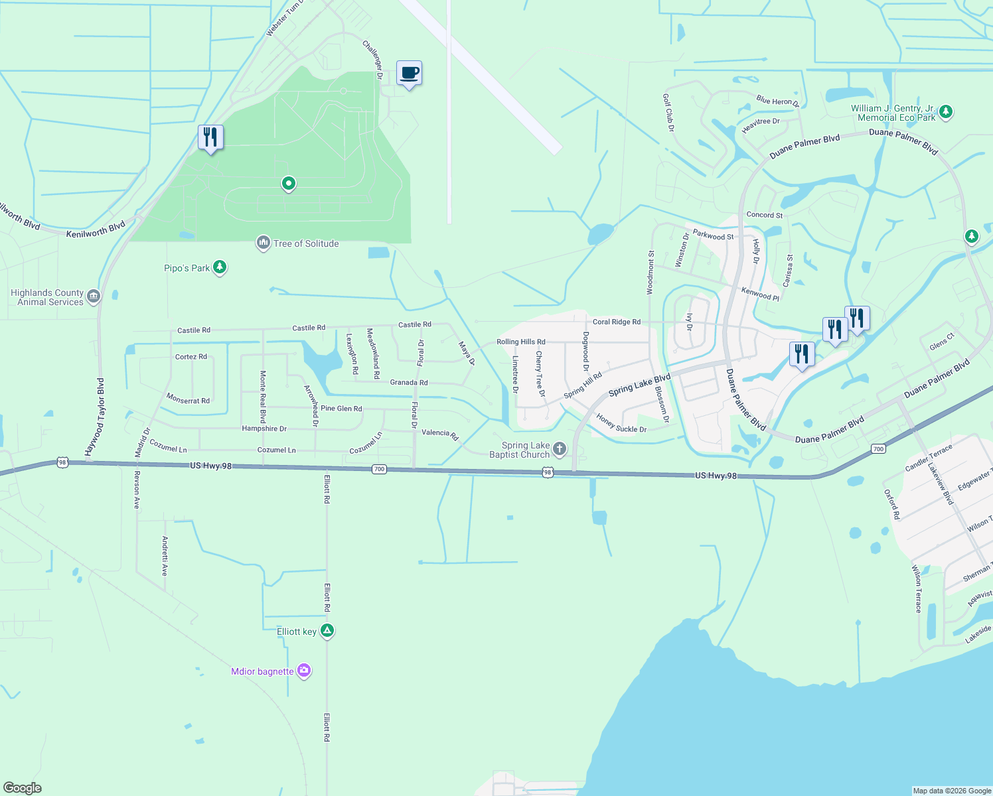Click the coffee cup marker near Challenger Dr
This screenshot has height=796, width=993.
tap(409, 73)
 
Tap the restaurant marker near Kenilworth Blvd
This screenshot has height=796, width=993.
tap(210, 137)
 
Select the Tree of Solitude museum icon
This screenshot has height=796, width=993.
tap(264, 243)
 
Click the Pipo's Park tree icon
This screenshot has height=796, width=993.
tap(220, 268)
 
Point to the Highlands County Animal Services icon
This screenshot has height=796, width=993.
tap(94, 297)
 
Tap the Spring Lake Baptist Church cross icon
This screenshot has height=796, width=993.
tap(560, 450)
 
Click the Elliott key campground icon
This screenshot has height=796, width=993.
tap(327, 631)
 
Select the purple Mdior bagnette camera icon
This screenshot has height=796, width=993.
tap(304, 671)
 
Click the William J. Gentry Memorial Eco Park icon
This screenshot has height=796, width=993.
tap(946, 112)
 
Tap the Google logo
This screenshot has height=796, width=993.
tap(22, 788)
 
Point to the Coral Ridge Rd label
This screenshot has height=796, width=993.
tap(617, 322)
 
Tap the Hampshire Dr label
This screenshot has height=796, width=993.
tap(264, 429)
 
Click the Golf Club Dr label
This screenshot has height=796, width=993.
tap(668, 112)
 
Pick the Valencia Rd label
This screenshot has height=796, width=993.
tap(440, 434)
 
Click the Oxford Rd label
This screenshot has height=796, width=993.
tap(892, 504)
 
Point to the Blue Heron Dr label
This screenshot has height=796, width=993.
tap(777, 101)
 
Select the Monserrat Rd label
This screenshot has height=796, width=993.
tap(188, 399)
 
